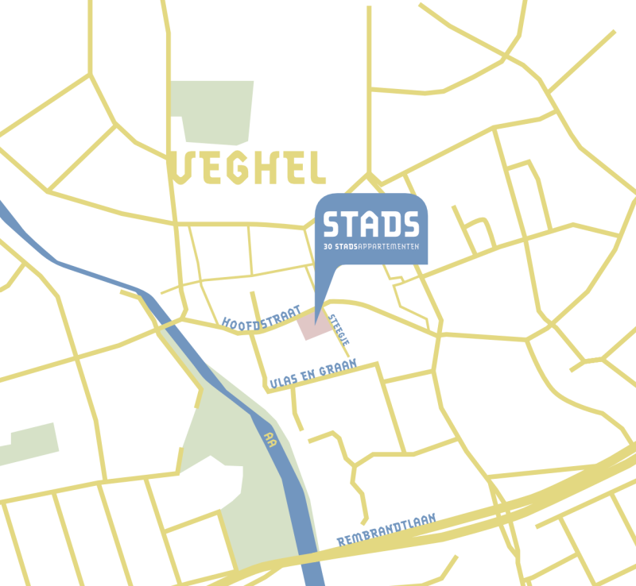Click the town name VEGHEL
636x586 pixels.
click(250, 167)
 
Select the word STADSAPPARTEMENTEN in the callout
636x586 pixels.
click(381, 248)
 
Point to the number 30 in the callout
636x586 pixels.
click(328, 248)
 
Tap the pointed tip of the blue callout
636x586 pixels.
click(316, 318)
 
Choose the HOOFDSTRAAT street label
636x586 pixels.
click(261, 316)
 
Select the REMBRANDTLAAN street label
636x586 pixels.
click(387, 529)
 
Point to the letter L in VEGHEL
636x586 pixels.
click(316, 167)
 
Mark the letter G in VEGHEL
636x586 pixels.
click(235, 167)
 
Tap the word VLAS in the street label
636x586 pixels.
click(284, 380)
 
